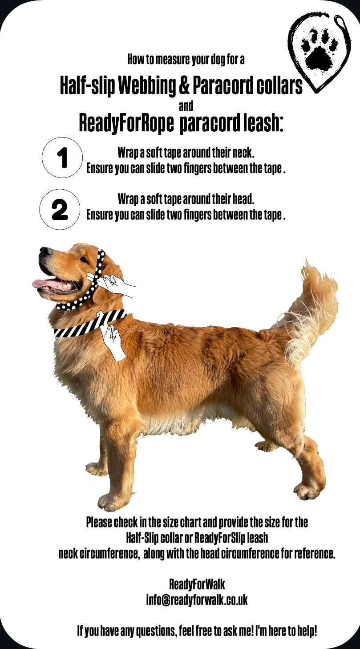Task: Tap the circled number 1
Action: click(62, 157)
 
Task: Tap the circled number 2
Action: click(60, 209)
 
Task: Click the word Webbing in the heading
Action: click(146, 85)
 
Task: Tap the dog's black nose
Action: click(44, 251)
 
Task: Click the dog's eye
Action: click(84, 259)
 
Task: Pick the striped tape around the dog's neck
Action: click(90, 324)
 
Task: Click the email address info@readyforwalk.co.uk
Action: click(197, 600)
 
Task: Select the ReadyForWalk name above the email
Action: click(197, 584)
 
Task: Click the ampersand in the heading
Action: click(184, 85)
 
